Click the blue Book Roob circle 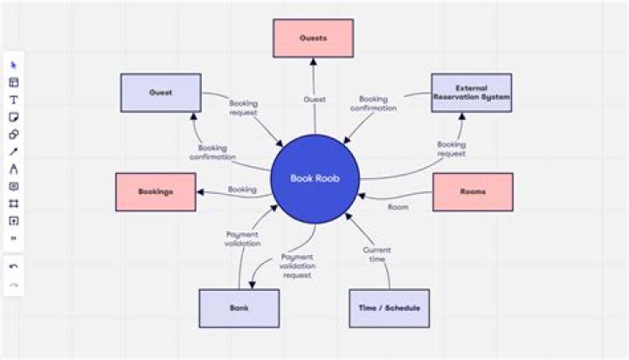tap(313, 179)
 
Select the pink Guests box tap(313, 38)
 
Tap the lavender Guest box tap(160, 93)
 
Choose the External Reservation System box tap(472, 93)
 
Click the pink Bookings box tap(155, 191)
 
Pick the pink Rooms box tap(472, 191)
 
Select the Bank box tap(238, 308)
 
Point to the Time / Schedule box tap(389, 308)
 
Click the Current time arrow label tap(377, 253)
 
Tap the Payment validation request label tap(298, 266)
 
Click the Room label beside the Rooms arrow tap(397, 207)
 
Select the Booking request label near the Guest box tap(243, 107)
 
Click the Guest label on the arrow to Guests tap(314, 100)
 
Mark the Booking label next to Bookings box tap(242, 189)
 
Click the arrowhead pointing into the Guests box tap(313, 61)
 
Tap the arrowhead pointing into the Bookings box tap(200, 192)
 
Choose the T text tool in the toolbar tap(14, 100)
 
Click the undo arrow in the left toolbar tap(14, 267)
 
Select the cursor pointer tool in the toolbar tap(14, 65)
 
